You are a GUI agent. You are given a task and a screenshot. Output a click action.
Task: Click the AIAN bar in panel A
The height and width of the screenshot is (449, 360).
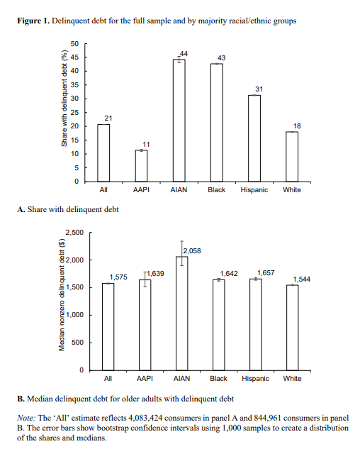tap(180, 121)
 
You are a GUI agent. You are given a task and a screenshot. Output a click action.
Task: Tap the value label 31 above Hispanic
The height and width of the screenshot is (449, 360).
tap(259, 89)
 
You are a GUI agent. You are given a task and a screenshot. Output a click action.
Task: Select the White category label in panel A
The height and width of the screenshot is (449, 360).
tap(291, 190)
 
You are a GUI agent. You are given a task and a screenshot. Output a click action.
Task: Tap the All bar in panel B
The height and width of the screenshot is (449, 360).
tap(108, 326)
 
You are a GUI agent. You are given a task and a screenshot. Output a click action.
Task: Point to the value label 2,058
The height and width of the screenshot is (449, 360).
tap(192, 252)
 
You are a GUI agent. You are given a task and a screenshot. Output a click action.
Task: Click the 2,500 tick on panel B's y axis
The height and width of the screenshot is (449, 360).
tap(74, 232)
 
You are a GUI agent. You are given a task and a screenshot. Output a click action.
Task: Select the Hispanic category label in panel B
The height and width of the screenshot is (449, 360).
tap(255, 379)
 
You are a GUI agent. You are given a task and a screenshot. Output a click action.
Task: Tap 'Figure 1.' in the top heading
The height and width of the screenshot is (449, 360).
tap(32, 21)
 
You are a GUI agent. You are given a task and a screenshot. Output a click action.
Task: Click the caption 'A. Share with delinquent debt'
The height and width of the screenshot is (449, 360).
tap(68, 209)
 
